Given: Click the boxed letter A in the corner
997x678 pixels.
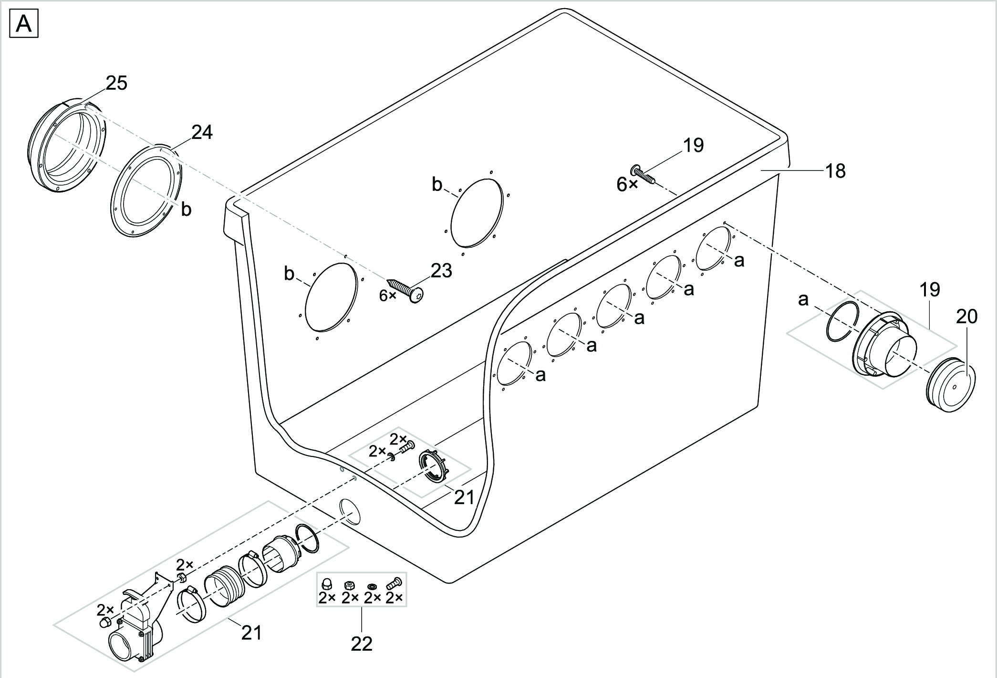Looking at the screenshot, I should pyautogui.click(x=24, y=24).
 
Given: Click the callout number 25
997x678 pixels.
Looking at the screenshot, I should pyautogui.click(x=116, y=83).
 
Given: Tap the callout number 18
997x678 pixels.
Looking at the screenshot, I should pyautogui.click(x=835, y=171).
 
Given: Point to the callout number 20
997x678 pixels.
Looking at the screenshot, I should pyautogui.click(x=966, y=316).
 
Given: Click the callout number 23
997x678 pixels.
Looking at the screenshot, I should pyautogui.click(x=441, y=271).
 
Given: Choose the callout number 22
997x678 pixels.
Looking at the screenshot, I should pyautogui.click(x=361, y=645).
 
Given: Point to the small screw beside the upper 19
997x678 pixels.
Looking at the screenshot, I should pyautogui.click(x=644, y=175).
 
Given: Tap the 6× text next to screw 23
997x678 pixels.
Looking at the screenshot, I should pyautogui.click(x=387, y=296).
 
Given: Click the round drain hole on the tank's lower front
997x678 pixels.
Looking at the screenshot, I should pyautogui.click(x=349, y=512).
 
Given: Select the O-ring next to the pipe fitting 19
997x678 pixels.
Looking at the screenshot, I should pyautogui.click(x=842, y=322).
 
